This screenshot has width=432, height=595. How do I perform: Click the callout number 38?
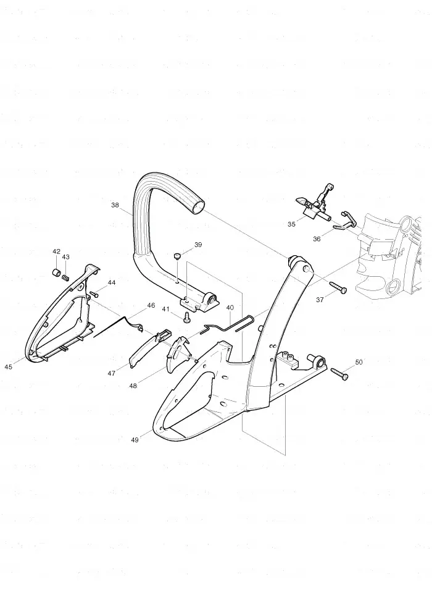115,205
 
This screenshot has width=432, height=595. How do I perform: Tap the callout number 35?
291,224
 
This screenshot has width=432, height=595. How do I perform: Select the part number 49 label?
135,440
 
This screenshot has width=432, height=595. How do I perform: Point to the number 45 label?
9,366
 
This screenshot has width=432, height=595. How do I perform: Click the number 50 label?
359,362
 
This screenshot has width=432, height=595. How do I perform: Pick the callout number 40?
230,307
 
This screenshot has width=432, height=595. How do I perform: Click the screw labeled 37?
338,287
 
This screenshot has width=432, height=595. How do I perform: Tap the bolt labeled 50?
339,373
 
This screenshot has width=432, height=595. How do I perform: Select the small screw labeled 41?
186,318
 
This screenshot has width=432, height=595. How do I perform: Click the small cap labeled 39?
177,257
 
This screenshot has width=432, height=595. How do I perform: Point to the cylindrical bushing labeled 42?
56,272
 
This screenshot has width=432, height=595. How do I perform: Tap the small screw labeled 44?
94,293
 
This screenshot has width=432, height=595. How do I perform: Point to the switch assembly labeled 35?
315,204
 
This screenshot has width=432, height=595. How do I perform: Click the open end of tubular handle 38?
197,207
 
